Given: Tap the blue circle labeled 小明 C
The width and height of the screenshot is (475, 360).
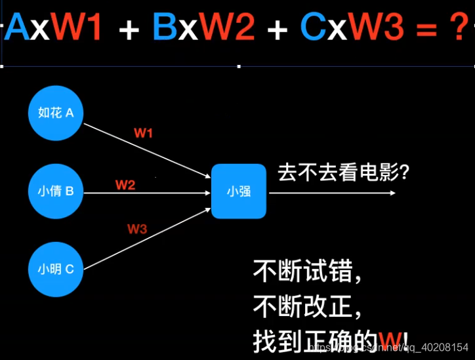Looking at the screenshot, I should [x=56, y=269].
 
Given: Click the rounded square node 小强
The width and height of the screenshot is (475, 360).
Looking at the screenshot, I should [x=239, y=191].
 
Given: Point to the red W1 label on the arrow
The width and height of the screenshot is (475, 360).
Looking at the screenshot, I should [x=144, y=133].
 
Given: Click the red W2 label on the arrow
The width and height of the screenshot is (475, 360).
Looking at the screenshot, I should [x=125, y=185].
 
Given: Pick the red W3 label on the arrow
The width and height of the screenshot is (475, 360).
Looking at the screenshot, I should [x=137, y=229].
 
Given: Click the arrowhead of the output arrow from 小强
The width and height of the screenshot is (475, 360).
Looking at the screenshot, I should [x=392, y=193].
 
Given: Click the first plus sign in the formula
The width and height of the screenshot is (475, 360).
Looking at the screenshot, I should [x=129, y=29].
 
